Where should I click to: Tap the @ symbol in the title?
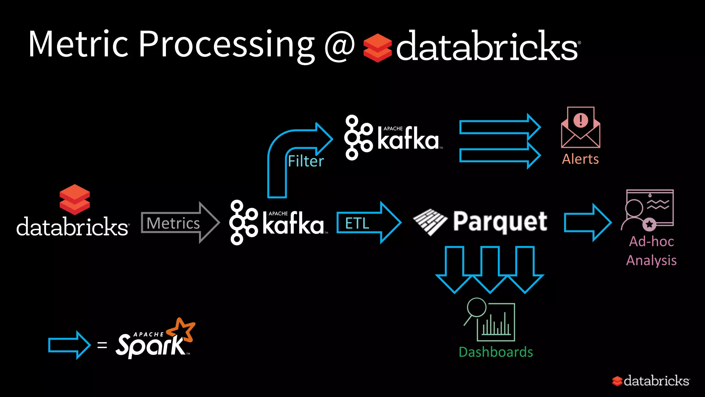(339, 46)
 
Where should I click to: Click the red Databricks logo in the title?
(377, 48)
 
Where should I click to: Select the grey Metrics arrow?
(179, 223)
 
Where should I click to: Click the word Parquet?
(500, 222)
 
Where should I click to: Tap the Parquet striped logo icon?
(430, 222)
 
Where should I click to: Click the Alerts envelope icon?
(581, 128)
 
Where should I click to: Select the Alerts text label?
(580, 159)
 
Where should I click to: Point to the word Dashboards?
(496, 352)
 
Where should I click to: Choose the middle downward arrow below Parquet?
(490, 271)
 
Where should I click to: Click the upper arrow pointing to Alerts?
(499, 127)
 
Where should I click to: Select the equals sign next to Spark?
(102, 345)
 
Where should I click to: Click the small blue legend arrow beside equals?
(69, 345)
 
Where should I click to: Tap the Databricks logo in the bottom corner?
(651, 381)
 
